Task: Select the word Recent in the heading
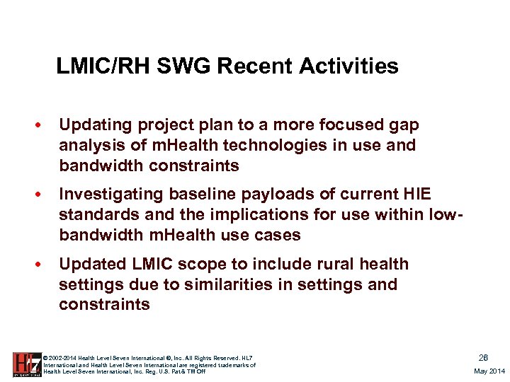click(x=256, y=66)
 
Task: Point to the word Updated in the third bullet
click(x=90, y=265)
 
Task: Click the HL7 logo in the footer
click(x=27, y=364)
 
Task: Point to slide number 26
click(x=483, y=358)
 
